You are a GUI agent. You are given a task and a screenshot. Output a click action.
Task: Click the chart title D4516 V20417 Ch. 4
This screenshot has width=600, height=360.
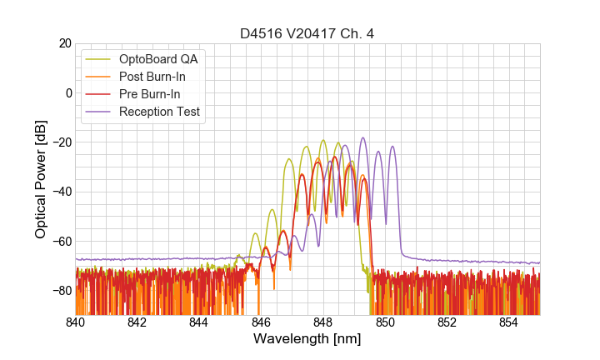[x=307, y=34]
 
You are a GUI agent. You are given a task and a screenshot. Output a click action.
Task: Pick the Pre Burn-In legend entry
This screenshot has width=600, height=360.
[x=150, y=94]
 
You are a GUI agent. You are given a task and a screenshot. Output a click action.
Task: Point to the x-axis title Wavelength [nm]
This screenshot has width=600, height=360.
[x=307, y=339]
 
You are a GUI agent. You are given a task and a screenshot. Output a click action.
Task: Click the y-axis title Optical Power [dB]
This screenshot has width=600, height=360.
[x=41, y=179]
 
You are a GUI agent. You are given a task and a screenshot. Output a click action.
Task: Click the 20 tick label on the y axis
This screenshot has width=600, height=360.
[x=63, y=43]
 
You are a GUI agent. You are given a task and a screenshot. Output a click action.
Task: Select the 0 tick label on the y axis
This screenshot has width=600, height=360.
[x=67, y=92]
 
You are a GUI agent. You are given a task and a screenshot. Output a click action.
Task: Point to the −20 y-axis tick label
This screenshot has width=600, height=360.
[x=59, y=142]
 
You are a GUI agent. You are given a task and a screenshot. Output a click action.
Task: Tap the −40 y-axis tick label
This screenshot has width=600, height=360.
[x=59, y=192]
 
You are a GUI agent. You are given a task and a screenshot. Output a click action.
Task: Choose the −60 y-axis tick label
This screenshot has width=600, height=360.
[x=59, y=242]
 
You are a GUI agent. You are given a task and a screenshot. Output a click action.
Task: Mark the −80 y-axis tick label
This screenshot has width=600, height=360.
[x=59, y=291]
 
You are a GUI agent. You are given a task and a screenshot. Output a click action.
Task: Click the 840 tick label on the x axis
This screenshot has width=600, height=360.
[x=76, y=322]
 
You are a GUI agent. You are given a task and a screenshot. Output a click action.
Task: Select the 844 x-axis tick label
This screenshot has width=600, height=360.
[x=199, y=322]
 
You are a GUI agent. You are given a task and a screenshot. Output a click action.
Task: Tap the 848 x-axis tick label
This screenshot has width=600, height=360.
[x=323, y=322]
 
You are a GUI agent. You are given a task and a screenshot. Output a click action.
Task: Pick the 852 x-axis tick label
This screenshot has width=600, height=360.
[x=447, y=322]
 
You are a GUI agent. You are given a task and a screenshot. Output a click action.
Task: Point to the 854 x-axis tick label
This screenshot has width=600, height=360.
[x=508, y=322]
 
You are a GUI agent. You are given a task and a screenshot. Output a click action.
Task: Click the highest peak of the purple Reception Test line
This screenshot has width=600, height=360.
[x=362, y=138]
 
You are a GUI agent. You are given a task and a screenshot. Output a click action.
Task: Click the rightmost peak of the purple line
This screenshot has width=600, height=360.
[x=392, y=147]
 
